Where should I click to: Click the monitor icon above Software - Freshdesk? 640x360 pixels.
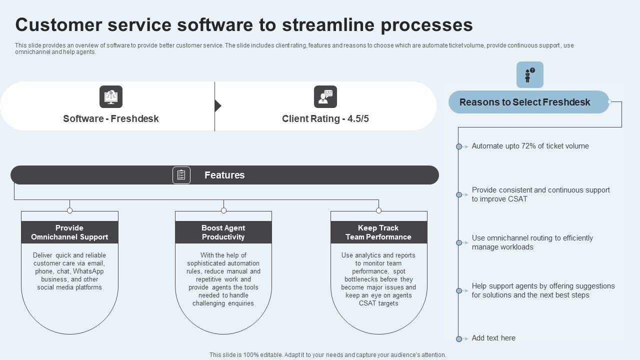pos(111,96)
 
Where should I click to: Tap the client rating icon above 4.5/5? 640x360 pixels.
pos(325,96)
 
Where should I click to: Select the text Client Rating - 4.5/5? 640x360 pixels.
pos(325,119)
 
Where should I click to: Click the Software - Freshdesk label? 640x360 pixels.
pos(111,119)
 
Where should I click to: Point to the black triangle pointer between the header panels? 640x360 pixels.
pos(217,106)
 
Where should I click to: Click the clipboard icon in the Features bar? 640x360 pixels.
pos(181,175)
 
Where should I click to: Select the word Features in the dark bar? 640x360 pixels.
pos(224,175)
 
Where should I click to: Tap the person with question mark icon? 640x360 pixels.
pos(529,75)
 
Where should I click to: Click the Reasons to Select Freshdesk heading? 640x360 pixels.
pos(525,102)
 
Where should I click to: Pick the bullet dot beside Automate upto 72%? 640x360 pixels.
pos(459,146)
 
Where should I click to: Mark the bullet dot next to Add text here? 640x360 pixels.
pos(459,338)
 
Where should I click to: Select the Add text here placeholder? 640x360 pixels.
pos(493,338)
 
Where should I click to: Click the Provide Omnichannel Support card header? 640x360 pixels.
pos(69,232)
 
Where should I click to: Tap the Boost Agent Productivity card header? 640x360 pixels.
pos(223,232)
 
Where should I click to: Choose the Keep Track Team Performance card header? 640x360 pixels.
pos(378,232)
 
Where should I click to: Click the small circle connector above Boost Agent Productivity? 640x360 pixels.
pos(223,210)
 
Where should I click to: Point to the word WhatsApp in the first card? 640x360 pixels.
pos(88,271)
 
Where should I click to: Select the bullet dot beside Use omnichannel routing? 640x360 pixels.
pos(459,242)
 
